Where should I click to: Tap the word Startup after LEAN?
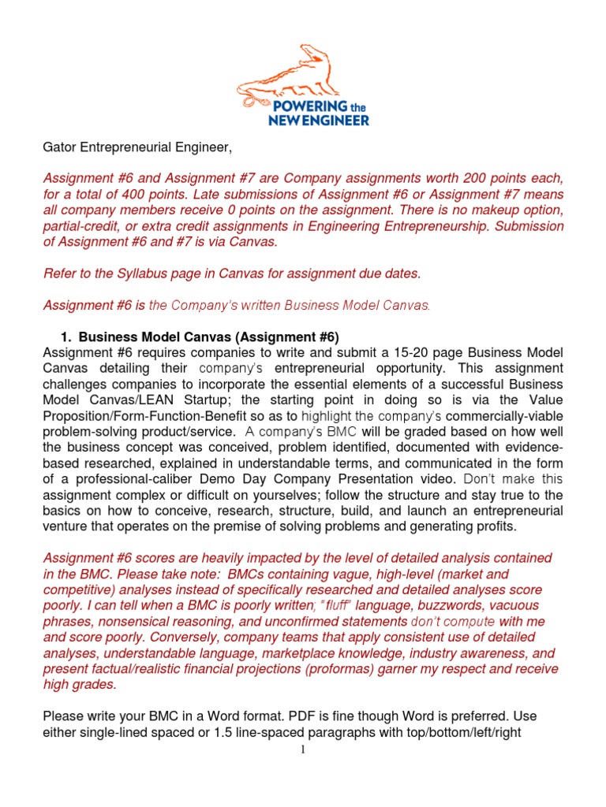click(199, 400)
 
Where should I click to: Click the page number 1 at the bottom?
click(302, 749)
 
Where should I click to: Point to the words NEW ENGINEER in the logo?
click(311, 120)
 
